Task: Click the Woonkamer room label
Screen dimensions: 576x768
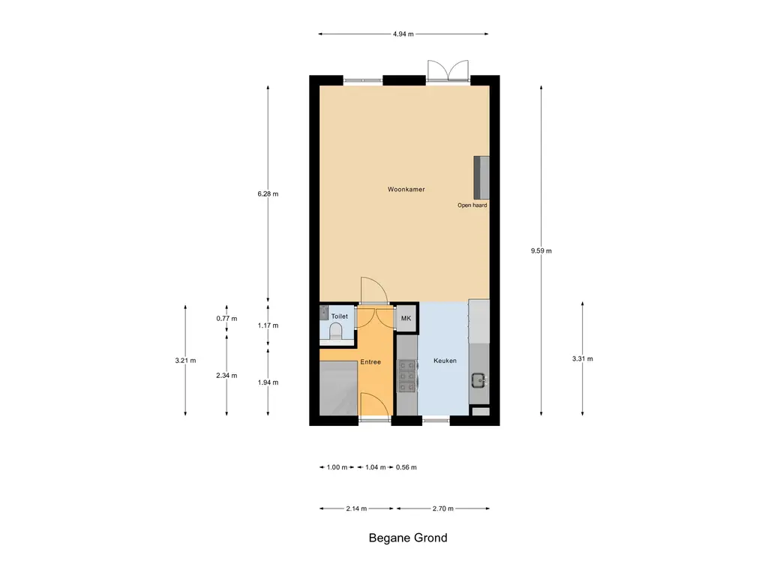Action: coord(406,190)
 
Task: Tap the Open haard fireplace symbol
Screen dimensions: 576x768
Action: coord(481,177)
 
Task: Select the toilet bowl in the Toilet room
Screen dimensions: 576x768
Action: coord(336,331)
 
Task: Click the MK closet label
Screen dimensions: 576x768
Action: coord(406,319)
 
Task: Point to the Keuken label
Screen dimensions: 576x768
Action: coord(445,361)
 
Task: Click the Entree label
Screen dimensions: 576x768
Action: coord(370,362)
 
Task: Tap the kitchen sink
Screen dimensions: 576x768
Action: coord(478,380)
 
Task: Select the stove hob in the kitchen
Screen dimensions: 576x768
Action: coord(406,376)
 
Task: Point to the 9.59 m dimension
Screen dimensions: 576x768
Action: coord(541,251)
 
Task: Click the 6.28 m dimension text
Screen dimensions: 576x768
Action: coord(268,193)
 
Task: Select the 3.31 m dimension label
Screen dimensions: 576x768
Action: coord(582,359)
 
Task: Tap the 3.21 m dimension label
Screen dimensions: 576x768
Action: coord(185,361)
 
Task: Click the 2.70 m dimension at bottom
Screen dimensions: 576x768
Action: coord(443,508)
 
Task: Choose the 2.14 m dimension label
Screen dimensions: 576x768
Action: coord(357,508)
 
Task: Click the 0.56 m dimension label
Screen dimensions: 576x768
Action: coord(406,467)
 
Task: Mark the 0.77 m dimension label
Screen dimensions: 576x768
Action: coord(226,319)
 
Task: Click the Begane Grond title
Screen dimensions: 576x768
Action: coord(408,538)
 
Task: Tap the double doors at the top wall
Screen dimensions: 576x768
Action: coord(448,71)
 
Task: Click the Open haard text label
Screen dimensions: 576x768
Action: coord(472,205)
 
